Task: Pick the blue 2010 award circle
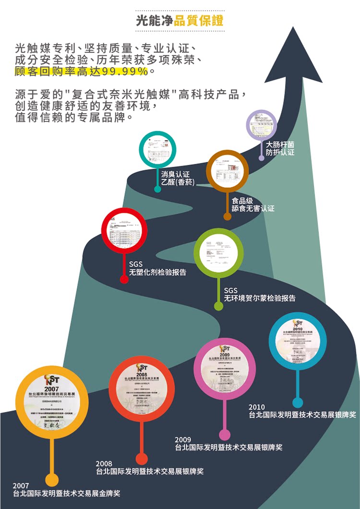(x=298, y=341)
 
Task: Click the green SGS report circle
(x=218, y=253)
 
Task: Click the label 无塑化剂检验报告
(x=157, y=272)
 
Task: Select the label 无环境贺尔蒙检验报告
(x=260, y=298)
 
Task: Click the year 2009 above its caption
(x=183, y=439)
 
